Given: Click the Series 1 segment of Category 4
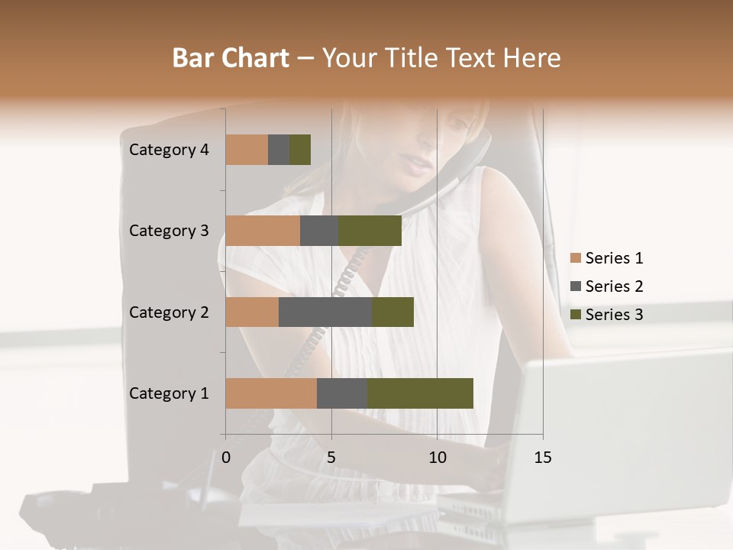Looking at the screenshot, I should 247,150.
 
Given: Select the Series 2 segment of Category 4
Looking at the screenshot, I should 279,150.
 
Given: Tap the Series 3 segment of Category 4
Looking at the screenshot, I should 300,150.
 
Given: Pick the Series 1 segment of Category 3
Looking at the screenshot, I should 263,231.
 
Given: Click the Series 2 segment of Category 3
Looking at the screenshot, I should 319,231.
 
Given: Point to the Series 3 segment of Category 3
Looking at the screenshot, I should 370,231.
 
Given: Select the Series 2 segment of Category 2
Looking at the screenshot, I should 325,312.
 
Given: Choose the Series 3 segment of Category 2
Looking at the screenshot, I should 392,312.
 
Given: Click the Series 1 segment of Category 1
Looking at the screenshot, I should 271,393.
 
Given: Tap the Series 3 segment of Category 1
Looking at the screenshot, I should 420,393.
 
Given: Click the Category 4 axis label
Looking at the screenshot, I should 169,150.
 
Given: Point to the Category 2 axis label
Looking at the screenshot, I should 169,312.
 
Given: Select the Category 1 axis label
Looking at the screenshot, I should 169,393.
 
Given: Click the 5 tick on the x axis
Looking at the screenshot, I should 331,458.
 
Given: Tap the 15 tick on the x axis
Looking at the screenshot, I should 543,458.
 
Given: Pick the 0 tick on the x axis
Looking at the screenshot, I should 226,458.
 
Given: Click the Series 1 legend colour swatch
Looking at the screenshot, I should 575,258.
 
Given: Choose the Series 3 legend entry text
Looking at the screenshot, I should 614,315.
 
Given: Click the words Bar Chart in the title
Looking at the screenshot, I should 231,58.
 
